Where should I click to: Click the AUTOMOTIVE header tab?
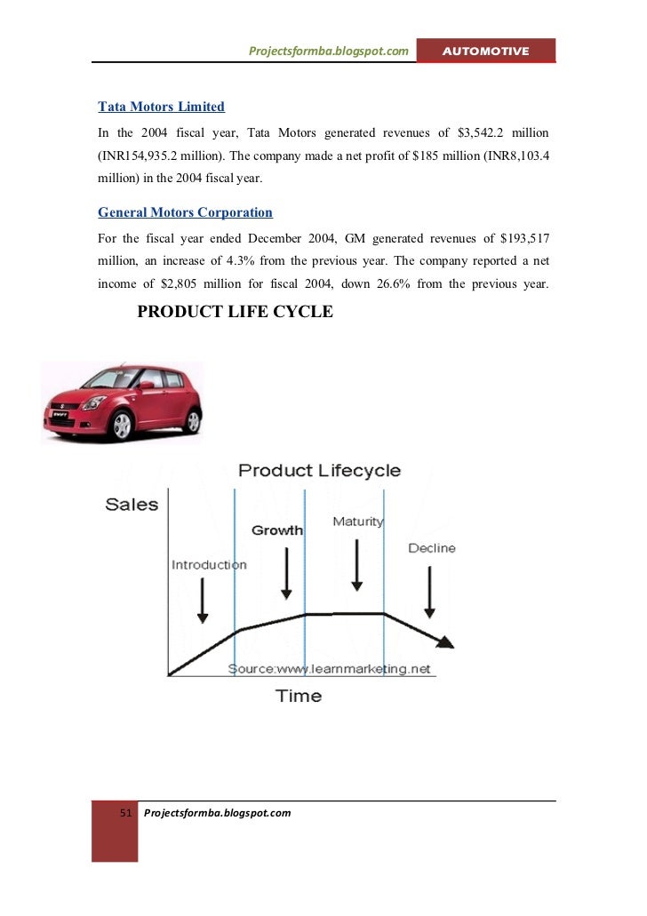click(x=487, y=52)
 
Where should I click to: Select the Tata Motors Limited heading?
click(x=161, y=107)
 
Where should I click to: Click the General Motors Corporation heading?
click(x=185, y=213)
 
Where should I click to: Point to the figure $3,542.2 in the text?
click(x=484, y=132)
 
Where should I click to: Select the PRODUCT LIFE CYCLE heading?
click(x=235, y=313)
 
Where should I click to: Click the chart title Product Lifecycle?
click(x=320, y=471)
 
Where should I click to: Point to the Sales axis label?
click(x=132, y=505)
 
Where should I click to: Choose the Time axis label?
click(x=299, y=696)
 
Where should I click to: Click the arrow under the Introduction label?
click(x=204, y=600)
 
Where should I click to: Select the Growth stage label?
click(x=277, y=530)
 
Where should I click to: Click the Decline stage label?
click(x=432, y=548)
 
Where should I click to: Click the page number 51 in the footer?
click(x=125, y=813)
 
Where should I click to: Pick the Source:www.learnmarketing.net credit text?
click(x=329, y=668)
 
